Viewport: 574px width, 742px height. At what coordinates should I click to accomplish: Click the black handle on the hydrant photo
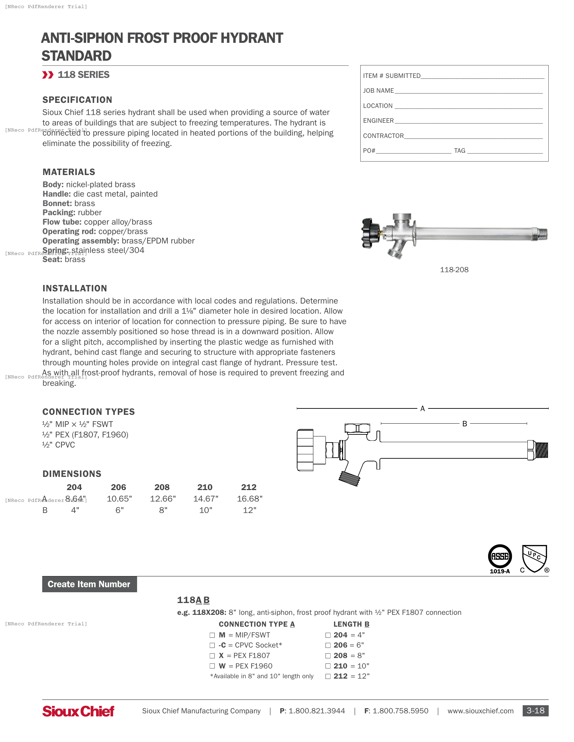tap(370, 233)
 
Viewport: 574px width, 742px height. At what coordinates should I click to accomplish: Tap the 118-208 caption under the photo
tap(454, 270)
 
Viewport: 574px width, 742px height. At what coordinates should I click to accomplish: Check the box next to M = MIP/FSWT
tap(212, 635)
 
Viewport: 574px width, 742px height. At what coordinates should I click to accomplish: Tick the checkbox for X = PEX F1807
tap(212, 656)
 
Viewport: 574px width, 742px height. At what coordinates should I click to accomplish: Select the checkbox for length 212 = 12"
tap(328, 676)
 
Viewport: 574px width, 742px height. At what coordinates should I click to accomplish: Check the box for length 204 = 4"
tap(328, 635)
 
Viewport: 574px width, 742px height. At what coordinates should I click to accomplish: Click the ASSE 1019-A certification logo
tap(499, 559)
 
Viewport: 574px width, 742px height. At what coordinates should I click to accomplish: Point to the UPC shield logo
tap(534, 559)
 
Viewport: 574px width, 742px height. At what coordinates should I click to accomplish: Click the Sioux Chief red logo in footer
tap(78, 711)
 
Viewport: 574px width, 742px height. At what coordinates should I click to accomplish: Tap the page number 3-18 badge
tap(535, 710)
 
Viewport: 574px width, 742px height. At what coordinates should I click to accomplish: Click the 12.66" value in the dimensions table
tap(163, 499)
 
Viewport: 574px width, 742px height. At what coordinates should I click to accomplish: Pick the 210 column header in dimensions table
tap(205, 487)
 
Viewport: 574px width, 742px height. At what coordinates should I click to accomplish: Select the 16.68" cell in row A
tap(250, 499)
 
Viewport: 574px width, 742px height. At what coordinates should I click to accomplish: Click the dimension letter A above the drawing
tap(422, 409)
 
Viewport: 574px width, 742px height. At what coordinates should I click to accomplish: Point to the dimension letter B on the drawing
tap(465, 424)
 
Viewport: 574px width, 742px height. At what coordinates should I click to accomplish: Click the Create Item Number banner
tap(89, 584)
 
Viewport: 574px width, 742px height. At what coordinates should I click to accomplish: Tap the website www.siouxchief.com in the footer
tap(480, 711)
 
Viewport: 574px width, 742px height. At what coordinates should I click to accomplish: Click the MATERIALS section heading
tap(69, 172)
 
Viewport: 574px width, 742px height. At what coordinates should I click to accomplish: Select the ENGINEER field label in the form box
tap(378, 121)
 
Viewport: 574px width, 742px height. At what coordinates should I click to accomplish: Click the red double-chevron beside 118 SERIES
tap(48, 75)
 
